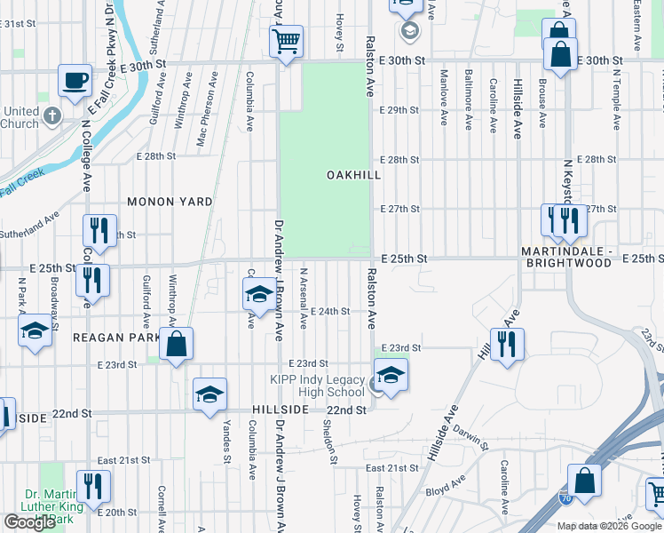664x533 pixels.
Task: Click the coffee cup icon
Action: [x=75, y=80]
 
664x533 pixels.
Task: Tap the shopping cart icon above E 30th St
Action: [x=286, y=40]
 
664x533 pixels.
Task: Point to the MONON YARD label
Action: [x=170, y=202]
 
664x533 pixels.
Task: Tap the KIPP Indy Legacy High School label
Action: [x=317, y=386]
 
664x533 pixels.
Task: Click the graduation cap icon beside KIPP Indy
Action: [x=390, y=374]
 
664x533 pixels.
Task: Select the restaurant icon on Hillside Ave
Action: [x=507, y=343]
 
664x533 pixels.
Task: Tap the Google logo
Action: [x=29, y=522]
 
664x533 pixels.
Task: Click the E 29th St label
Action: [x=398, y=110]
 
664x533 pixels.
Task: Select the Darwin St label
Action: [x=468, y=438]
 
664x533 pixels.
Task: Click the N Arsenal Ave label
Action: [x=304, y=293]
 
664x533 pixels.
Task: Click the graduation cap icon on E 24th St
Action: [x=258, y=294]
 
